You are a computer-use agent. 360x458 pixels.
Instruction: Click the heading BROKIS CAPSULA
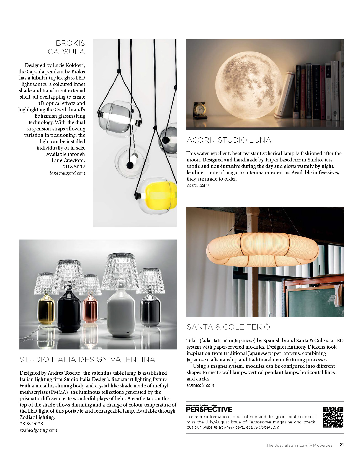66,47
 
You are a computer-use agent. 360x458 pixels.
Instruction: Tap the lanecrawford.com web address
67,173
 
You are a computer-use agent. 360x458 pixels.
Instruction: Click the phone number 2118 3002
74,167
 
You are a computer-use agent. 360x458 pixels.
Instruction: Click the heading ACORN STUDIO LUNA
229,140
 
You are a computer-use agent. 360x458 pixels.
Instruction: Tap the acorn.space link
198,186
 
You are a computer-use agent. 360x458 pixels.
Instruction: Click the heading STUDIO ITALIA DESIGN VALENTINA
87,359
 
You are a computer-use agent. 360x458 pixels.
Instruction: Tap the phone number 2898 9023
31,424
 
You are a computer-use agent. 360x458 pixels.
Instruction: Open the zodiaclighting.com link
38,430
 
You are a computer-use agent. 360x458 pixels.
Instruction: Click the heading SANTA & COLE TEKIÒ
228,327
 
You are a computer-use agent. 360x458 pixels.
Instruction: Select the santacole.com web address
200,385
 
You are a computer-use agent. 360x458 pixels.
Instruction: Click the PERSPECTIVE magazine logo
209,409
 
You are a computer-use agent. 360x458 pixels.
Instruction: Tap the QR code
333,417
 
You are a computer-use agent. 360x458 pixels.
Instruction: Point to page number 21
342,445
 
